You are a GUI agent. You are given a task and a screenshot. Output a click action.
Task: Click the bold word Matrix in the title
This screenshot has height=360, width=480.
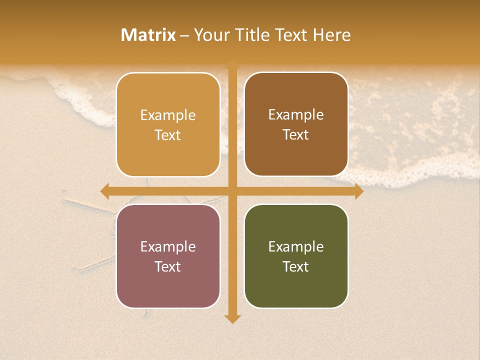point(148,35)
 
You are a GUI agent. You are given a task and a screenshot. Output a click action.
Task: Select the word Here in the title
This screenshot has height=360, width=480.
point(331,35)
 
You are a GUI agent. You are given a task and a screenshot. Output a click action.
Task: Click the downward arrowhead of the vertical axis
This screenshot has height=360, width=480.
point(232,319)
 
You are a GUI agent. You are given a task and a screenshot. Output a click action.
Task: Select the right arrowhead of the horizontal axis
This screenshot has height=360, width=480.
point(359,191)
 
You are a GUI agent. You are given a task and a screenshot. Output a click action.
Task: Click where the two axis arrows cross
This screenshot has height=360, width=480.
point(232,191)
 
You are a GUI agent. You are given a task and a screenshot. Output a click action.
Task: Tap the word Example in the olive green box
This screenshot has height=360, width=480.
point(296,246)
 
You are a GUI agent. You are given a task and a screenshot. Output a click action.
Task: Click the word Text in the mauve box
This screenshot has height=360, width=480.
point(168,266)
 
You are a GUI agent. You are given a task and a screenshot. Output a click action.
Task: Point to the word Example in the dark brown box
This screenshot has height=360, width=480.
point(296,114)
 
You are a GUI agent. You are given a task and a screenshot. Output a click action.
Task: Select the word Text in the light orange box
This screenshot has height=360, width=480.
point(168,135)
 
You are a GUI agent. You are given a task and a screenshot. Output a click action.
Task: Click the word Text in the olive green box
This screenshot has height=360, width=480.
point(296,266)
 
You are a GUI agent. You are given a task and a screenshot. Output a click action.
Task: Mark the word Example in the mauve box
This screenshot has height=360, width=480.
point(168,246)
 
